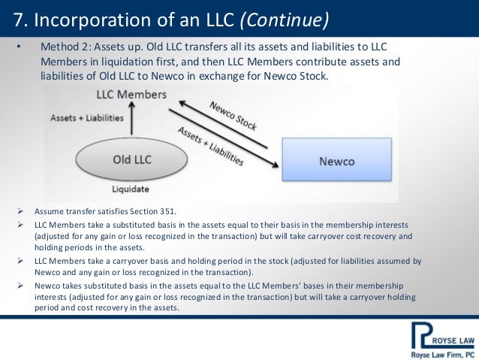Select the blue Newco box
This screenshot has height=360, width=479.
click(x=336, y=161)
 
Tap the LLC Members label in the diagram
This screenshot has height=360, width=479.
click(x=131, y=97)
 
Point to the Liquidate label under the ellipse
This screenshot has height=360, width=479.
click(x=129, y=189)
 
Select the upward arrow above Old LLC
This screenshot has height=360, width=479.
click(x=131, y=120)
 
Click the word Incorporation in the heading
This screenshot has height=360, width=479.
click(x=75, y=17)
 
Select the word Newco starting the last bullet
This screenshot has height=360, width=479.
click(x=47, y=286)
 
